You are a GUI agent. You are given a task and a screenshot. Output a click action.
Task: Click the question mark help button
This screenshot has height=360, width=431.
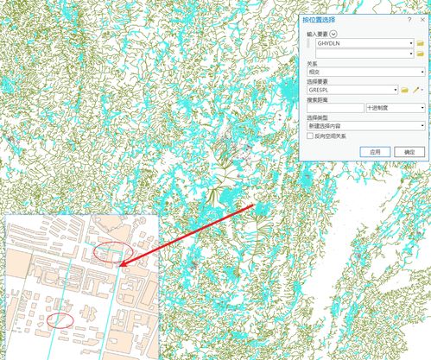408,19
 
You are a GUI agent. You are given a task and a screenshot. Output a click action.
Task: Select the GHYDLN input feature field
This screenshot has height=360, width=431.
363,42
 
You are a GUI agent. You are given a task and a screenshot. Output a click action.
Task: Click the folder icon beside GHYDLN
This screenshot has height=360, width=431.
420,42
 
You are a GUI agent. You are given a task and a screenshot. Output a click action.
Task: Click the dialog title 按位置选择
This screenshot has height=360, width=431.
320,19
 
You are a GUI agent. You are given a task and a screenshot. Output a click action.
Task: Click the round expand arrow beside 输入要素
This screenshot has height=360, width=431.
333,33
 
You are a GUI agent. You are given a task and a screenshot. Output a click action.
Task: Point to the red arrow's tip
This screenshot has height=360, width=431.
120,265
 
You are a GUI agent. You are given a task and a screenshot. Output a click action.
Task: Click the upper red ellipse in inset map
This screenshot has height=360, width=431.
112,253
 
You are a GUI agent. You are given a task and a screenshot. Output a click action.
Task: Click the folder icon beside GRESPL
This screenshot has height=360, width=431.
403,90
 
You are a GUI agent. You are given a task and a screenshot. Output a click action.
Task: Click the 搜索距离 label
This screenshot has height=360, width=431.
318,99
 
